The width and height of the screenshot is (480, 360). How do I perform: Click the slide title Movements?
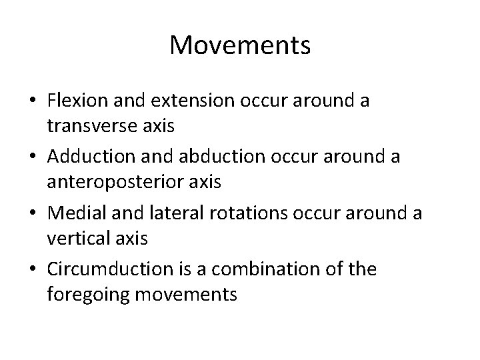(240, 46)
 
